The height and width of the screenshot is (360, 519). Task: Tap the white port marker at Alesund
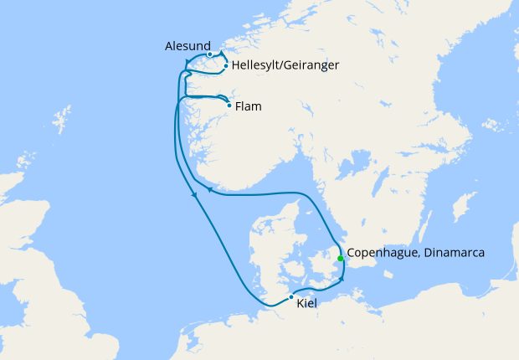click(209, 55)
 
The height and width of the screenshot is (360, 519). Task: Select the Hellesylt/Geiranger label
click(285, 64)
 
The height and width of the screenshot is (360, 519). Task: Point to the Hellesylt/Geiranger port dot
click(226, 65)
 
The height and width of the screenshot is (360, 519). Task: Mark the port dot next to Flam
click(229, 105)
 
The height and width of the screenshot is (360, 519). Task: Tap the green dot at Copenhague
click(340, 258)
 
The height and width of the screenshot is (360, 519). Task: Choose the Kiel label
click(307, 304)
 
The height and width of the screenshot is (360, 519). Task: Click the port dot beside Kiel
click(290, 297)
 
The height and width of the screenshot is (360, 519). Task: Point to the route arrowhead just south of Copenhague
click(342, 279)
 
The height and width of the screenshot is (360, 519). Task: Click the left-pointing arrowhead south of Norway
click(209, 191)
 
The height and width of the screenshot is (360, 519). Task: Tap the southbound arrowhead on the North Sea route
click(194, 196)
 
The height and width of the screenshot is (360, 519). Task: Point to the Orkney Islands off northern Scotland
click(26, 159)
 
